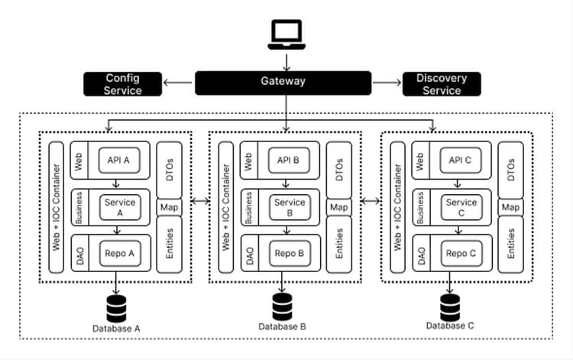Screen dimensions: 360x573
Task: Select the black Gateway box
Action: [x=284, y=81]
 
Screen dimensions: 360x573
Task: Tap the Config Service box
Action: [x=123, y=84]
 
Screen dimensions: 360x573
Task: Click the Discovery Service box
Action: [x=442, y=84]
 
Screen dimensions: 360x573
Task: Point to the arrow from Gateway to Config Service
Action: [x=179, y=82]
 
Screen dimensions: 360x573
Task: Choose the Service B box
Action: [x=290, y=208]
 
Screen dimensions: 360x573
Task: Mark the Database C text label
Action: [x=449, y=326]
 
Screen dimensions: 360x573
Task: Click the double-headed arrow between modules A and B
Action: [x=199, y=202]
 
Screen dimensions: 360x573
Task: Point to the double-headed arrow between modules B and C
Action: [x=371, y=202]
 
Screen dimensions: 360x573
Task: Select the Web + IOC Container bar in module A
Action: [x=55, y=207]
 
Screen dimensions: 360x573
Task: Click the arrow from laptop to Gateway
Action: [x=286, y=60]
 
